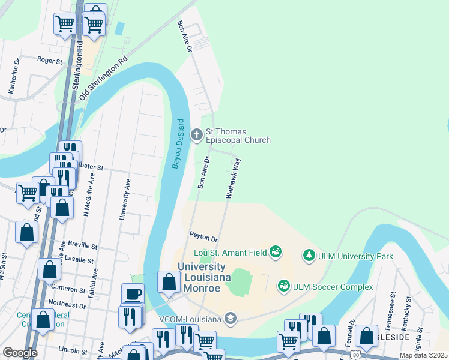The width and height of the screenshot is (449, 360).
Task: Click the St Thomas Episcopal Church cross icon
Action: pyautogui.click(x=196, y=135)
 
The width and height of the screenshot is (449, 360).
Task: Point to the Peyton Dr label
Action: pyautogui.click(x=202, y=238)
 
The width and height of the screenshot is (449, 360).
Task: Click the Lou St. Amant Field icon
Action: pyautogui.click(x=276, y=251)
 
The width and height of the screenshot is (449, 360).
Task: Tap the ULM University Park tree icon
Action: pyautogui.click(x=309, y=256)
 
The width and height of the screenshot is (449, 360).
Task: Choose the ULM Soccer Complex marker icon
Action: pyautogui.click(x=284, y=287)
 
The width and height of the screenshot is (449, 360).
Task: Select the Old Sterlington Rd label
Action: pyautogui.click(x=107, y=75)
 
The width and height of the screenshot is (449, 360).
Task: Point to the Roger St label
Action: pyautogui.click(x=50, y=61)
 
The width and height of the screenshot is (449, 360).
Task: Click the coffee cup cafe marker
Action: pyautogui.click(x=133, y=294)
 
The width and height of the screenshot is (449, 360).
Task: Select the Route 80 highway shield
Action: pyautogui.click(x=356, y=355)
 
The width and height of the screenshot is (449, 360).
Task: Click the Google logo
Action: pyautogui.click(x=20, y=353)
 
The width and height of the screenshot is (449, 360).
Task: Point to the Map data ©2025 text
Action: pyautogui.click(x=423, y=355)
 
